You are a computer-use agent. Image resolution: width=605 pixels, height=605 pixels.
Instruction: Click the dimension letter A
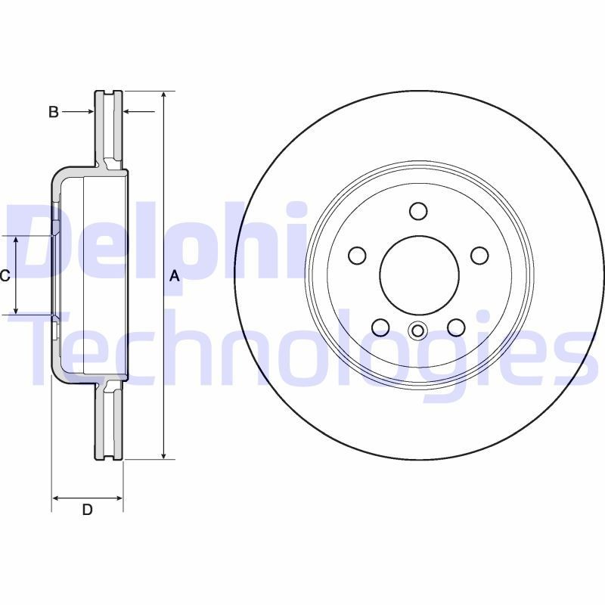175,276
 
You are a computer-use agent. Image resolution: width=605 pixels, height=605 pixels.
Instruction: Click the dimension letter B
53,112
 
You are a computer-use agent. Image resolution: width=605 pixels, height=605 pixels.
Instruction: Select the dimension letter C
5,276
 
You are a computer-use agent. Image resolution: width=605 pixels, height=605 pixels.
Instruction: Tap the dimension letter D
87,510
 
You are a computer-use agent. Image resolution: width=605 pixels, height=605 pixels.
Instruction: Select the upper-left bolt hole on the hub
357,256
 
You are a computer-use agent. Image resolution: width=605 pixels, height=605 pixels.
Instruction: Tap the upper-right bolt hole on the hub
479,256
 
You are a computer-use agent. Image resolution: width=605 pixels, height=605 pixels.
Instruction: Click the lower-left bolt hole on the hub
380,327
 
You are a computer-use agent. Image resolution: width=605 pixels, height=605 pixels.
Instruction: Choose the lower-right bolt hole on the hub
456,327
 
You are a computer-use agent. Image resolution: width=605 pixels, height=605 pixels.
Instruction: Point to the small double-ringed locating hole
417,330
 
